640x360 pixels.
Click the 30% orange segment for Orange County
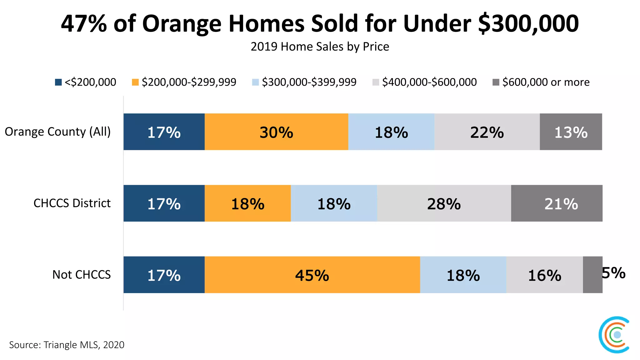tap(276, 132)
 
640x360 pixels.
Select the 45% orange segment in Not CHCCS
tap(312, 275)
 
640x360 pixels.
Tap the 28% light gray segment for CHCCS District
tap(444, 203)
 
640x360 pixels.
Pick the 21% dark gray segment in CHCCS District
tap(561, 203)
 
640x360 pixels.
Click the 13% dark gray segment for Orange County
tap(571, 132)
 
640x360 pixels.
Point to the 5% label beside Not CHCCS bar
tap(613, 273)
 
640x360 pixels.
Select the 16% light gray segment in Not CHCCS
tap(544, 275)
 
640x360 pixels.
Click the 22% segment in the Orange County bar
tap(487, 132)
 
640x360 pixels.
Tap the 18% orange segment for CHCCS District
tap(247, 203)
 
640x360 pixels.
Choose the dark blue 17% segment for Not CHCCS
tap(164, 275)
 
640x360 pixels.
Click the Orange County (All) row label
tap(58, 132)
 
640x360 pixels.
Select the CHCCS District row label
tap(72, 203)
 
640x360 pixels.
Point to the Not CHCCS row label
tap(81, 275)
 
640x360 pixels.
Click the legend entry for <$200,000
tap(86, 82)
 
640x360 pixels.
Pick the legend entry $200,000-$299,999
tap(184, 82)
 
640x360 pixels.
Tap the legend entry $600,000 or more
tap(541, 82)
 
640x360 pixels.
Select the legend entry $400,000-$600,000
tap(425, 82)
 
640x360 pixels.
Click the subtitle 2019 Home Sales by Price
tap(320, 47)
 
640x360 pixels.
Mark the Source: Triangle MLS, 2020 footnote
tap(67, 345)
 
